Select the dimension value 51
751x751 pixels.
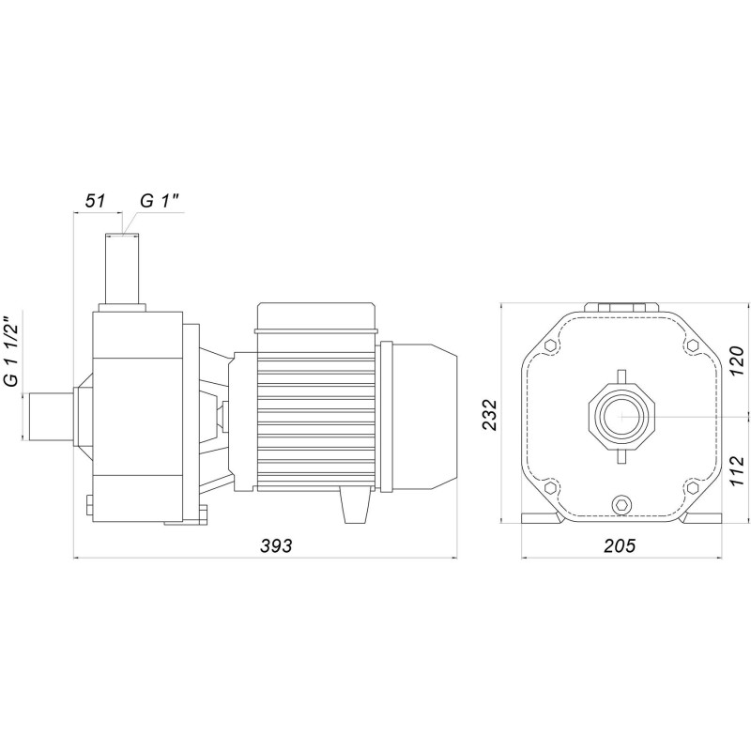95,201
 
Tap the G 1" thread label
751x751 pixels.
160,201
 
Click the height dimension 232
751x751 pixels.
488,413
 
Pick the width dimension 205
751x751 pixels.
619,546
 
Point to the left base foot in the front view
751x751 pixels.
543,519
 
